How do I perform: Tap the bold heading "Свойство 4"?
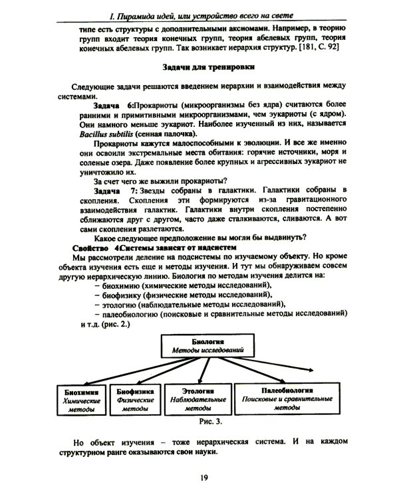(92, 246)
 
